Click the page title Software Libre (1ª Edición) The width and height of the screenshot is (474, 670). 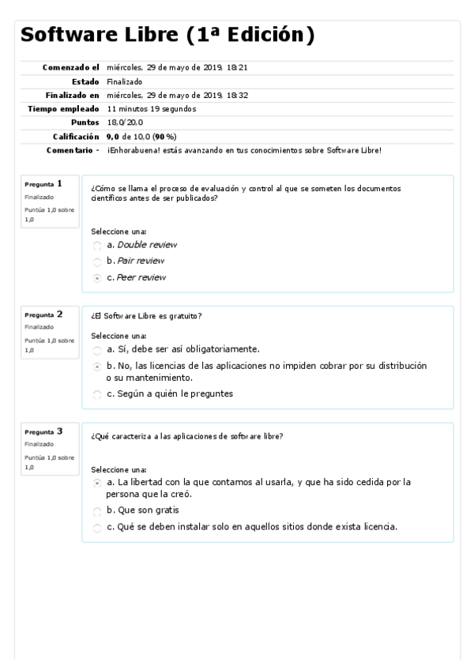tap(167, 36)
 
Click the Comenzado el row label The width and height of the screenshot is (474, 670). tap(71, 68)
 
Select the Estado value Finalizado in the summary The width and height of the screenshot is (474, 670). tap(124, 81)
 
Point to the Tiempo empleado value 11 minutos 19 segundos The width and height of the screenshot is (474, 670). tap(151, 108)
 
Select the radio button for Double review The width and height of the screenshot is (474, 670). tap(97, 245)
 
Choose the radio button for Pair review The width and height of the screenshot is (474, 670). tap(97, 262)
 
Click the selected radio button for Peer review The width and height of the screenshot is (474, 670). tap(97, 278)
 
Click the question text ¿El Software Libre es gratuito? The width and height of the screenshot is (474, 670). tap(146, 317)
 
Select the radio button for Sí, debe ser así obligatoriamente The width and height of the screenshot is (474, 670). tap(97, 349)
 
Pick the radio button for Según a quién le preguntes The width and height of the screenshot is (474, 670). tap(97, 394)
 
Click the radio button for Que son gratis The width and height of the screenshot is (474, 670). tap(97, 510)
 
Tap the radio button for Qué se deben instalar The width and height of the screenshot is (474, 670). tap(97, 528)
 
